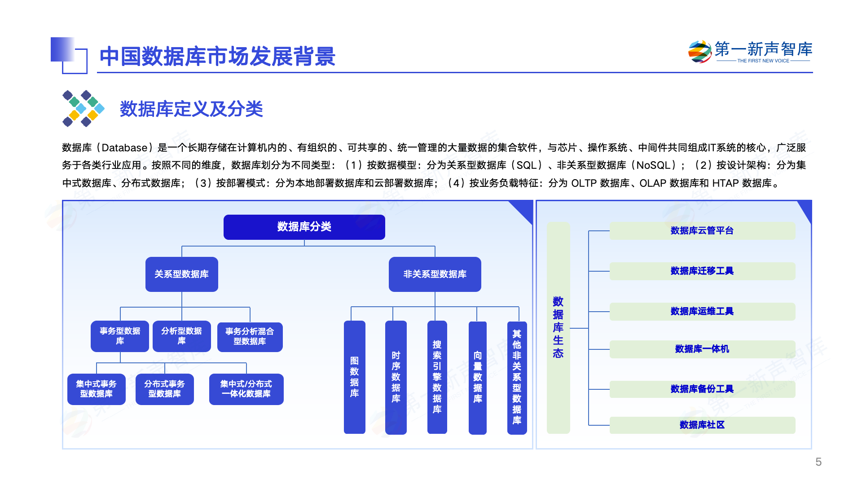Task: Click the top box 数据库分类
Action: pyautogui.click(x=304, y=227)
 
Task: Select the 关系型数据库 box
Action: pyautogui.click(x=181, y=274)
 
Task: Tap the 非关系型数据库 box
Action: pyautogui.click(x=435, y=274)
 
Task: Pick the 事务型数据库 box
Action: pyautogui.click(x=120, y=336)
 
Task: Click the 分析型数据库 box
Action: pyautogui.click(x=181, y=336)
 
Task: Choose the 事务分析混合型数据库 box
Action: pyautogui.click(x=250, y=336)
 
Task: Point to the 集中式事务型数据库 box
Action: pyautogui.click(x=96, y=389)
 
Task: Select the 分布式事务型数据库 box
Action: pyautogui.click(x=164, y=389)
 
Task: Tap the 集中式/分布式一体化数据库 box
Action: pyautogui.click(x=246, y=389)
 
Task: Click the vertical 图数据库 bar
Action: pyautogui.click(x=354, y=377)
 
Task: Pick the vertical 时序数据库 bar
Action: pyautogui.click(x=396, y=377)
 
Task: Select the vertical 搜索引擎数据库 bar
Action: pyautogui.click(x=437, y=377)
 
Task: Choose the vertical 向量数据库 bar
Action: pyautogui.click(x=477, y=377)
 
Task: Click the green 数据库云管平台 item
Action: pyautogui.click(x=702, y=230)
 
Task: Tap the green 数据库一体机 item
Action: pyautogui.click(x=702, y=349)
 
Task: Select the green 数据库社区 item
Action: pyautogui.click(x=702, y=425)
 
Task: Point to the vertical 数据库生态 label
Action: pyautogui.click(x=558, y=327)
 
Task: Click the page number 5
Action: pyautogui.click(x=818, y=462)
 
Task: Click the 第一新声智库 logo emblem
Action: pyautogui.click(x=699, y=52)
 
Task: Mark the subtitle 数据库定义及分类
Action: pyautogui.click(x=191, y=109)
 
